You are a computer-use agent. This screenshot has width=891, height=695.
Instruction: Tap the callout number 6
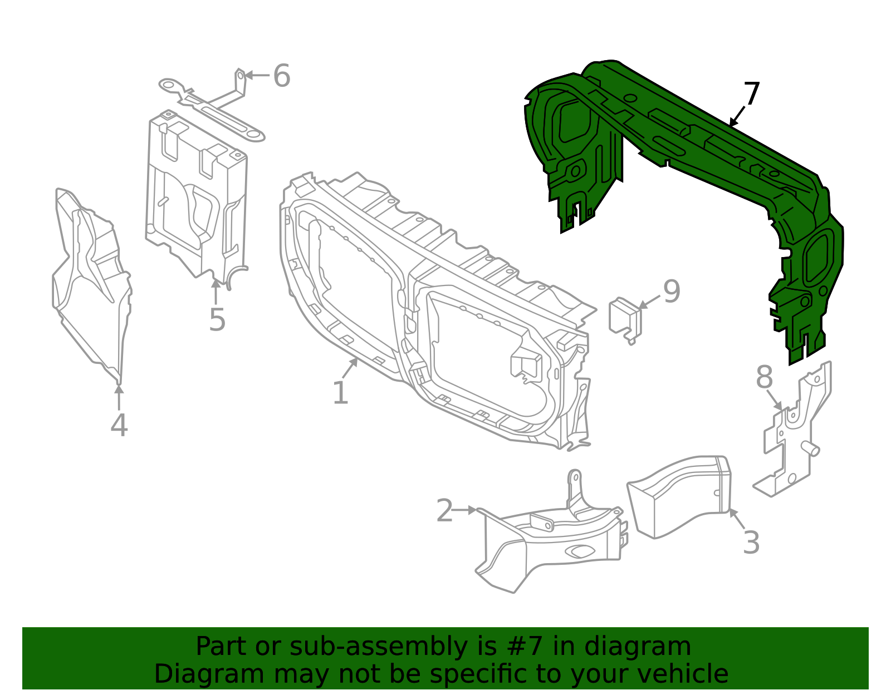coord(282,76)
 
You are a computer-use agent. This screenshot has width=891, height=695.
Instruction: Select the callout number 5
coord(217,320)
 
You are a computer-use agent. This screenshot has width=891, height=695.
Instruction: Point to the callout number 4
coord(119,425)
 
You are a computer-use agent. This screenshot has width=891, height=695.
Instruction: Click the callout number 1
coord(340,393)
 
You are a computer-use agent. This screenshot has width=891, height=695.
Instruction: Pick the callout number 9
coord(672,292)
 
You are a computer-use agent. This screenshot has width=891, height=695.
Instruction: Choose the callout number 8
coord(765,378)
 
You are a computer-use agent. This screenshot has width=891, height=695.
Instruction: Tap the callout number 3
coord(751,543)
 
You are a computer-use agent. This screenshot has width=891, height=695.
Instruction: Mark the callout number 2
coord(444,511)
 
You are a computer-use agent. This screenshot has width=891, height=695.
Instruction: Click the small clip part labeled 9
coord(625,320)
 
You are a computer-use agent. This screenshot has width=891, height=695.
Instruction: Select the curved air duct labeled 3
coord(679,495)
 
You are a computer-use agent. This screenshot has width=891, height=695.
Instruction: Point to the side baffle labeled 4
coord(92,284)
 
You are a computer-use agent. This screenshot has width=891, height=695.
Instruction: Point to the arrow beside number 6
coord(257,75)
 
